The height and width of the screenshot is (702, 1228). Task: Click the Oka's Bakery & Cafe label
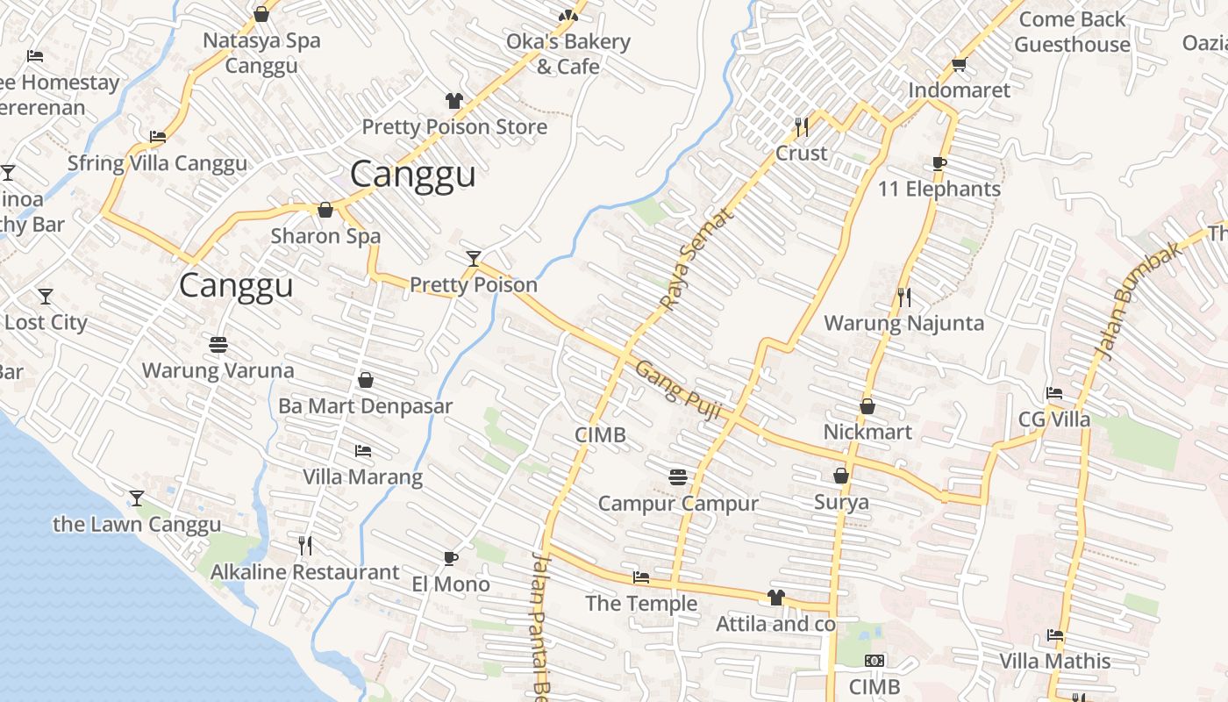click(x=568, y=54)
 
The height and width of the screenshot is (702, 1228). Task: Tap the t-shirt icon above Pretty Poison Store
click(x=454, y=101)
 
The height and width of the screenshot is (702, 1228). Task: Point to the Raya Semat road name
click(x=695, y=260)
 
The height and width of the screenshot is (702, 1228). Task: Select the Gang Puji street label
click(x=677, y=390)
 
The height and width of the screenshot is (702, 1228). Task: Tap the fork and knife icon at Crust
click(x=801, y=127)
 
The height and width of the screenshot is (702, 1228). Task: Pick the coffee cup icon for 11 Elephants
click(x=939, y=163)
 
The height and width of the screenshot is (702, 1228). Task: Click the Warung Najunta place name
click(x=903, y=323)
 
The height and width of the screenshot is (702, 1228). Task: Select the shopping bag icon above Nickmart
click(x=867, y=406)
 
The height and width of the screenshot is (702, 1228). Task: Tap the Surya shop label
click(x=841, y=502)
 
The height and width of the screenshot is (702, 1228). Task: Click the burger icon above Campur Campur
click(x=677, y=477)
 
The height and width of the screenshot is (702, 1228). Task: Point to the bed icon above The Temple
click(x=641, y=577)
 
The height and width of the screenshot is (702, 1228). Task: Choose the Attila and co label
click(x=775, y=624)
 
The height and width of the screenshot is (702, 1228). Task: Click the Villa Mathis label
click(x=1055, y=661)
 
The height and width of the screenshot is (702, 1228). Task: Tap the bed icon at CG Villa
click(x=1054, y=393)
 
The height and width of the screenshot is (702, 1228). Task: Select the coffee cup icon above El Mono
click(x=450, y=558)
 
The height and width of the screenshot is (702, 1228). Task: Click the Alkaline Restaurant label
click(x=304, y=572)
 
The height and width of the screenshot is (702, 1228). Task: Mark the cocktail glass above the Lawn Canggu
click(x=137, y=498)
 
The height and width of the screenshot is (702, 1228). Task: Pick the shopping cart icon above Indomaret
click(x=959, y=64)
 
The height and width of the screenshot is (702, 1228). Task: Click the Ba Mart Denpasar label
click(x=365, y=406)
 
